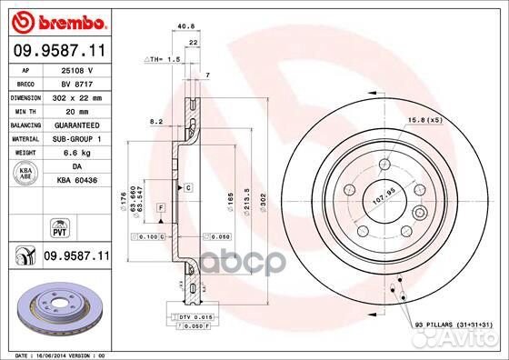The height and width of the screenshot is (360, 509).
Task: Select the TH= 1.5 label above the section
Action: [x=164, y=58]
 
